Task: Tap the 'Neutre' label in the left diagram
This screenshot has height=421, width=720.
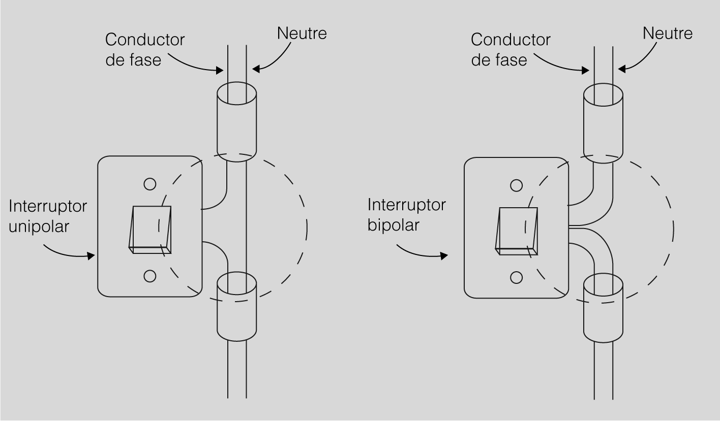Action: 302,33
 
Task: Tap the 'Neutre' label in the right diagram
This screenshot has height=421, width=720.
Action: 668,34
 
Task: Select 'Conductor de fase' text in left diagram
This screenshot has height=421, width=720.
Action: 145,49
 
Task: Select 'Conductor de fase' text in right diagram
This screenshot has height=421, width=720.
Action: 511,49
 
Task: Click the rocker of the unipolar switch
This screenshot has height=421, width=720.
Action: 151,229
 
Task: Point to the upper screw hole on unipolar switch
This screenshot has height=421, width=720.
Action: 149,184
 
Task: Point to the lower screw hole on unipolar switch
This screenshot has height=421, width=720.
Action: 149,276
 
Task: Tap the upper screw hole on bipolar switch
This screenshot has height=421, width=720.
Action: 516,185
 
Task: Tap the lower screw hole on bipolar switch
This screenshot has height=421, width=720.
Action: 516,277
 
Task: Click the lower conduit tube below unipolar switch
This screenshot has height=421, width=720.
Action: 236,310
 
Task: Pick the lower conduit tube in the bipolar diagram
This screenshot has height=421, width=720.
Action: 603,311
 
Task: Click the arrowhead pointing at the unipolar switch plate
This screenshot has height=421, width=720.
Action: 92,256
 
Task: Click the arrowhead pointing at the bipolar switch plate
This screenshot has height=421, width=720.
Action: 445,256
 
